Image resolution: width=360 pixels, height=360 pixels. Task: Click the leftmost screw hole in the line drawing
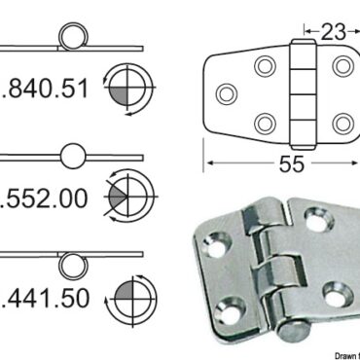point(227,94)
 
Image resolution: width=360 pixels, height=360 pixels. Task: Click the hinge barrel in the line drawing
point(303,94)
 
